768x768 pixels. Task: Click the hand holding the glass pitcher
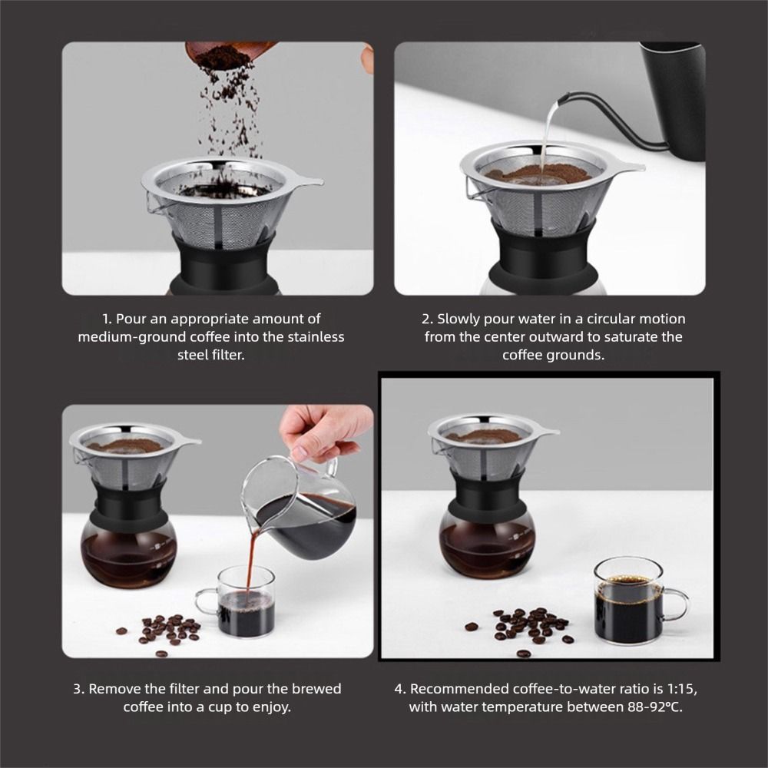click(323, 431)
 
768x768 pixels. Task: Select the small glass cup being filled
click(239, 601)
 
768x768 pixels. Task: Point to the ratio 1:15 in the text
click(680, 689)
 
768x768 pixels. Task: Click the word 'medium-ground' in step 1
click(132, 337)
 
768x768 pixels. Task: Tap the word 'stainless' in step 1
click(316, 337)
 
